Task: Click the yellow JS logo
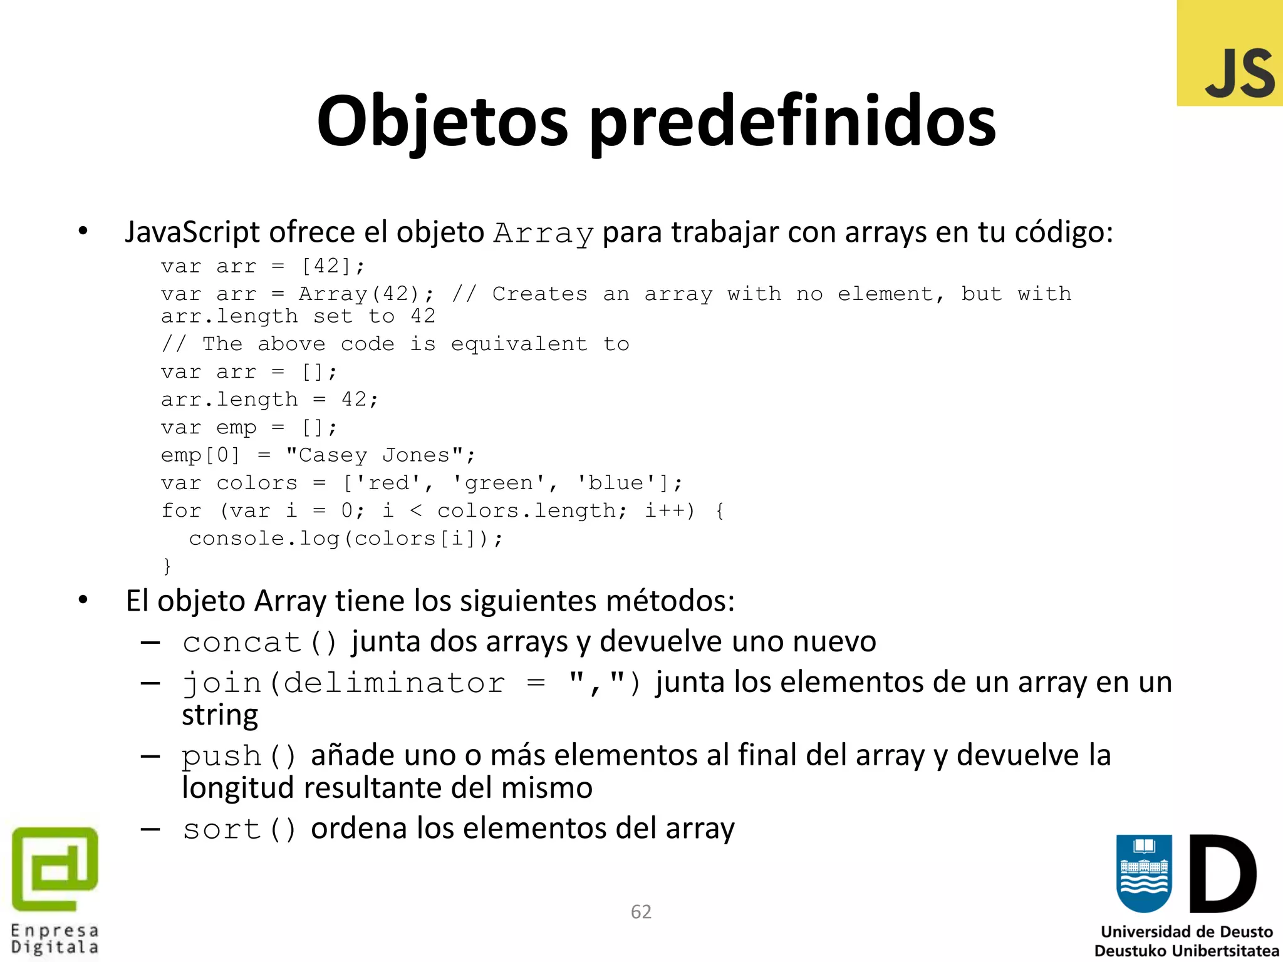[x=1230, y=54]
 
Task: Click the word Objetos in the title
[x=442, y=122]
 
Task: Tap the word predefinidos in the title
[x=792, y=122]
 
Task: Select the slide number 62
[x=641, y=912]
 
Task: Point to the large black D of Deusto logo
[x=1222, y=874]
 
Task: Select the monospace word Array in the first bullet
[x=543, y=234]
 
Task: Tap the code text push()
[x=238, y=756]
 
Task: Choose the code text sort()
[x=239, y=830]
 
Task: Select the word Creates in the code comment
[x=539, y=294]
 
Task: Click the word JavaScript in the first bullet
[x=192, y=232]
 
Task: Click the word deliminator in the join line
[x=393, y=683]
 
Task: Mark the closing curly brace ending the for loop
[x=167, y=566]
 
